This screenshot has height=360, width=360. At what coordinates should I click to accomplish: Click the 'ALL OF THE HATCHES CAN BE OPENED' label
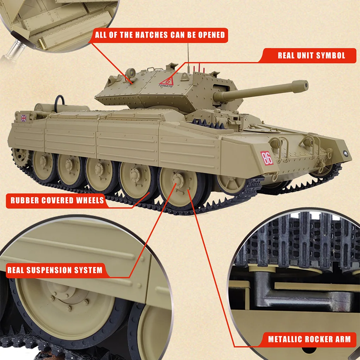pyautogui.click(x=160, y=35)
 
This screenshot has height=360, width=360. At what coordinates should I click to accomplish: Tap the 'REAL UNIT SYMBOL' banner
pyautogui.click(x=311, y=55)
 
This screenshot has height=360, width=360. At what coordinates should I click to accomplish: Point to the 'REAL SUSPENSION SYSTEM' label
pyautogui.click(x=55, y=270)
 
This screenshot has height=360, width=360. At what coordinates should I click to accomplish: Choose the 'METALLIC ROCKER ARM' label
pyautogui.click(x=309, y=339)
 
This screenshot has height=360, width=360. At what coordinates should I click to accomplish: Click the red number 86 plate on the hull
pyautogui.click(x=267, y=158)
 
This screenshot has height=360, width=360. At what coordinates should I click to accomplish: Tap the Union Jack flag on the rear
pyautogui.click(x=24, y=118)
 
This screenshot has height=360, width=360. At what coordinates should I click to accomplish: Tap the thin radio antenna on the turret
pyautogui.click(x=187, y=56)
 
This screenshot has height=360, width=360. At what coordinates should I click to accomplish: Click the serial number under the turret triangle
pyautogui.click(x=166, y=85)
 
